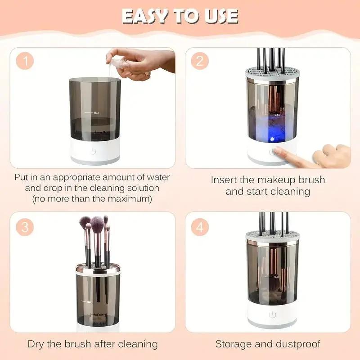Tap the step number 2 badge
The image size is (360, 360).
199,61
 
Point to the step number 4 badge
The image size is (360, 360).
199,227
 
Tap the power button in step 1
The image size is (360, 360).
93,151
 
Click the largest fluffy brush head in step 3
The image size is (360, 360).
97,223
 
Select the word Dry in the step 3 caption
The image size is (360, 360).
37,345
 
